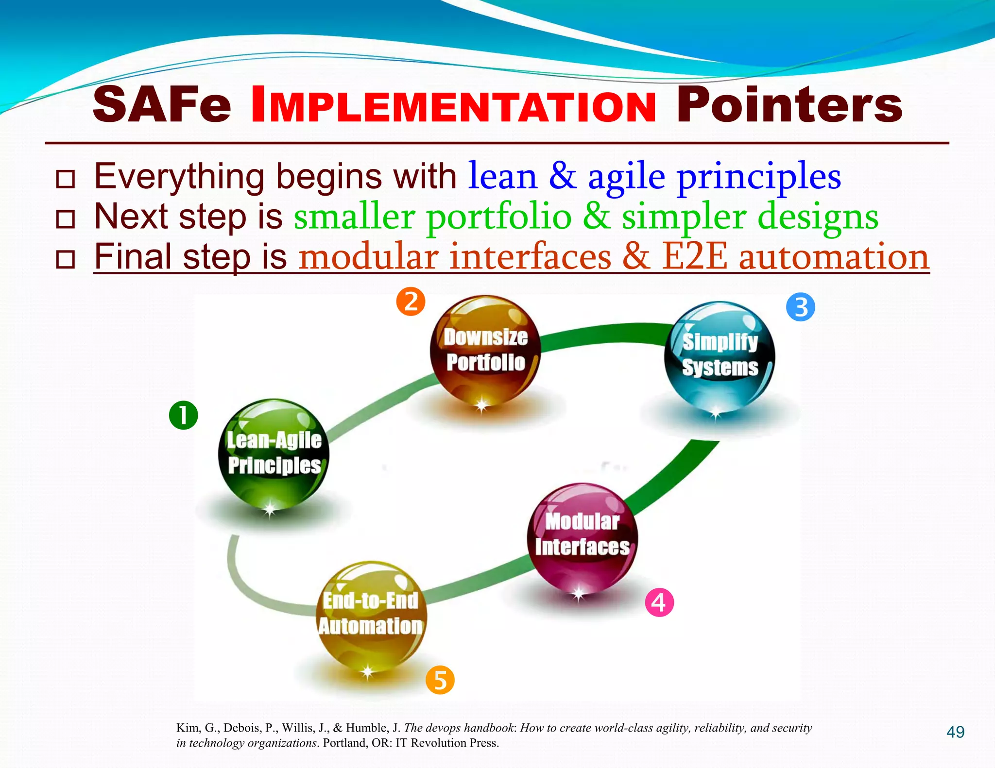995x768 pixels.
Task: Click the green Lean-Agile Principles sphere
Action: [x=274, y=454]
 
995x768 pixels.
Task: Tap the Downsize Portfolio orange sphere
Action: [x=485, y=350]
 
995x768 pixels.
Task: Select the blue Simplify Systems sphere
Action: [x=720, y=356]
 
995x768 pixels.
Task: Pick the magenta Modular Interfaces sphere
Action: [x=582, y=538]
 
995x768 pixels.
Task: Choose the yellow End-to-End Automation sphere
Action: [x=371, y=616]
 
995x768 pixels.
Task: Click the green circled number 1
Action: [x=183, y=415]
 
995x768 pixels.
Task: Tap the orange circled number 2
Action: [x=411, y=301]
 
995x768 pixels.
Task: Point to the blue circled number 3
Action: [x=800, y=307]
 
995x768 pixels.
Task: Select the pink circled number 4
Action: [x=659, y=602]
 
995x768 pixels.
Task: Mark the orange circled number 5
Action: [x=440, y=680]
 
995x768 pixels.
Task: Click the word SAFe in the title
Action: [x=162, y=104]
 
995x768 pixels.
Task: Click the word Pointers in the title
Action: [x=789, y=104]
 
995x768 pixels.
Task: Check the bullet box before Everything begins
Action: [x=65, y=179]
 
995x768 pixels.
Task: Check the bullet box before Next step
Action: [x=65, y=219]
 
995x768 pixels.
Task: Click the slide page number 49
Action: [x=955, y=732]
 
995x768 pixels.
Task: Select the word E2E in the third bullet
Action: [x=695, y=257]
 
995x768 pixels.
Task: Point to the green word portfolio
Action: [x=498, y=217]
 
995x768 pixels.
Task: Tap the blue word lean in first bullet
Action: [x=502, y=177]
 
